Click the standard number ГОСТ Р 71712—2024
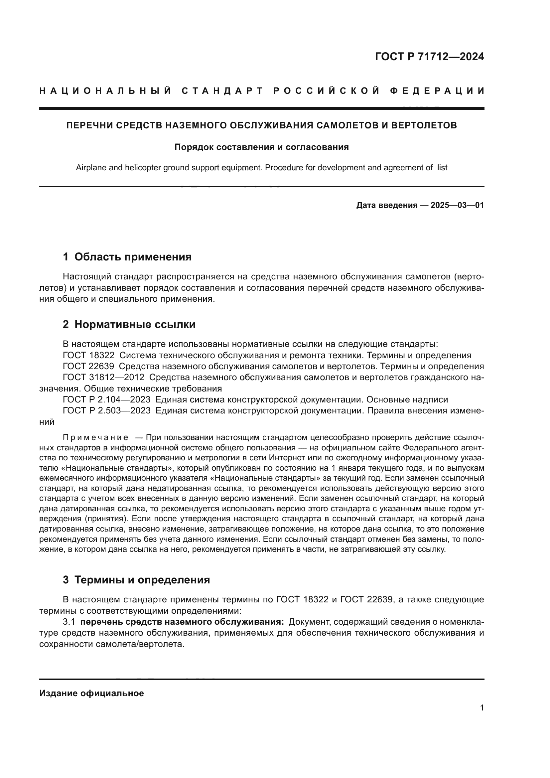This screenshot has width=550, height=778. tap(429, 57)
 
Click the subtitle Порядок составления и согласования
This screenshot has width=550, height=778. tap(261, 147)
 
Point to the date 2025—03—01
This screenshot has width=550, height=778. tap(457, 205)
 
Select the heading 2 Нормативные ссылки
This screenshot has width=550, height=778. tap(129, 324)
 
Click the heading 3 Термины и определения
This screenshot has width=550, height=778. tap(136, 580)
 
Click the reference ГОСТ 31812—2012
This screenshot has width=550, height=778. tap(103, 377)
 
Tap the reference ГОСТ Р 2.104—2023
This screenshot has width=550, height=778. tap(106, 399)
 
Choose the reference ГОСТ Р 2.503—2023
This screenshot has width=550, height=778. tap(106, 410)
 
